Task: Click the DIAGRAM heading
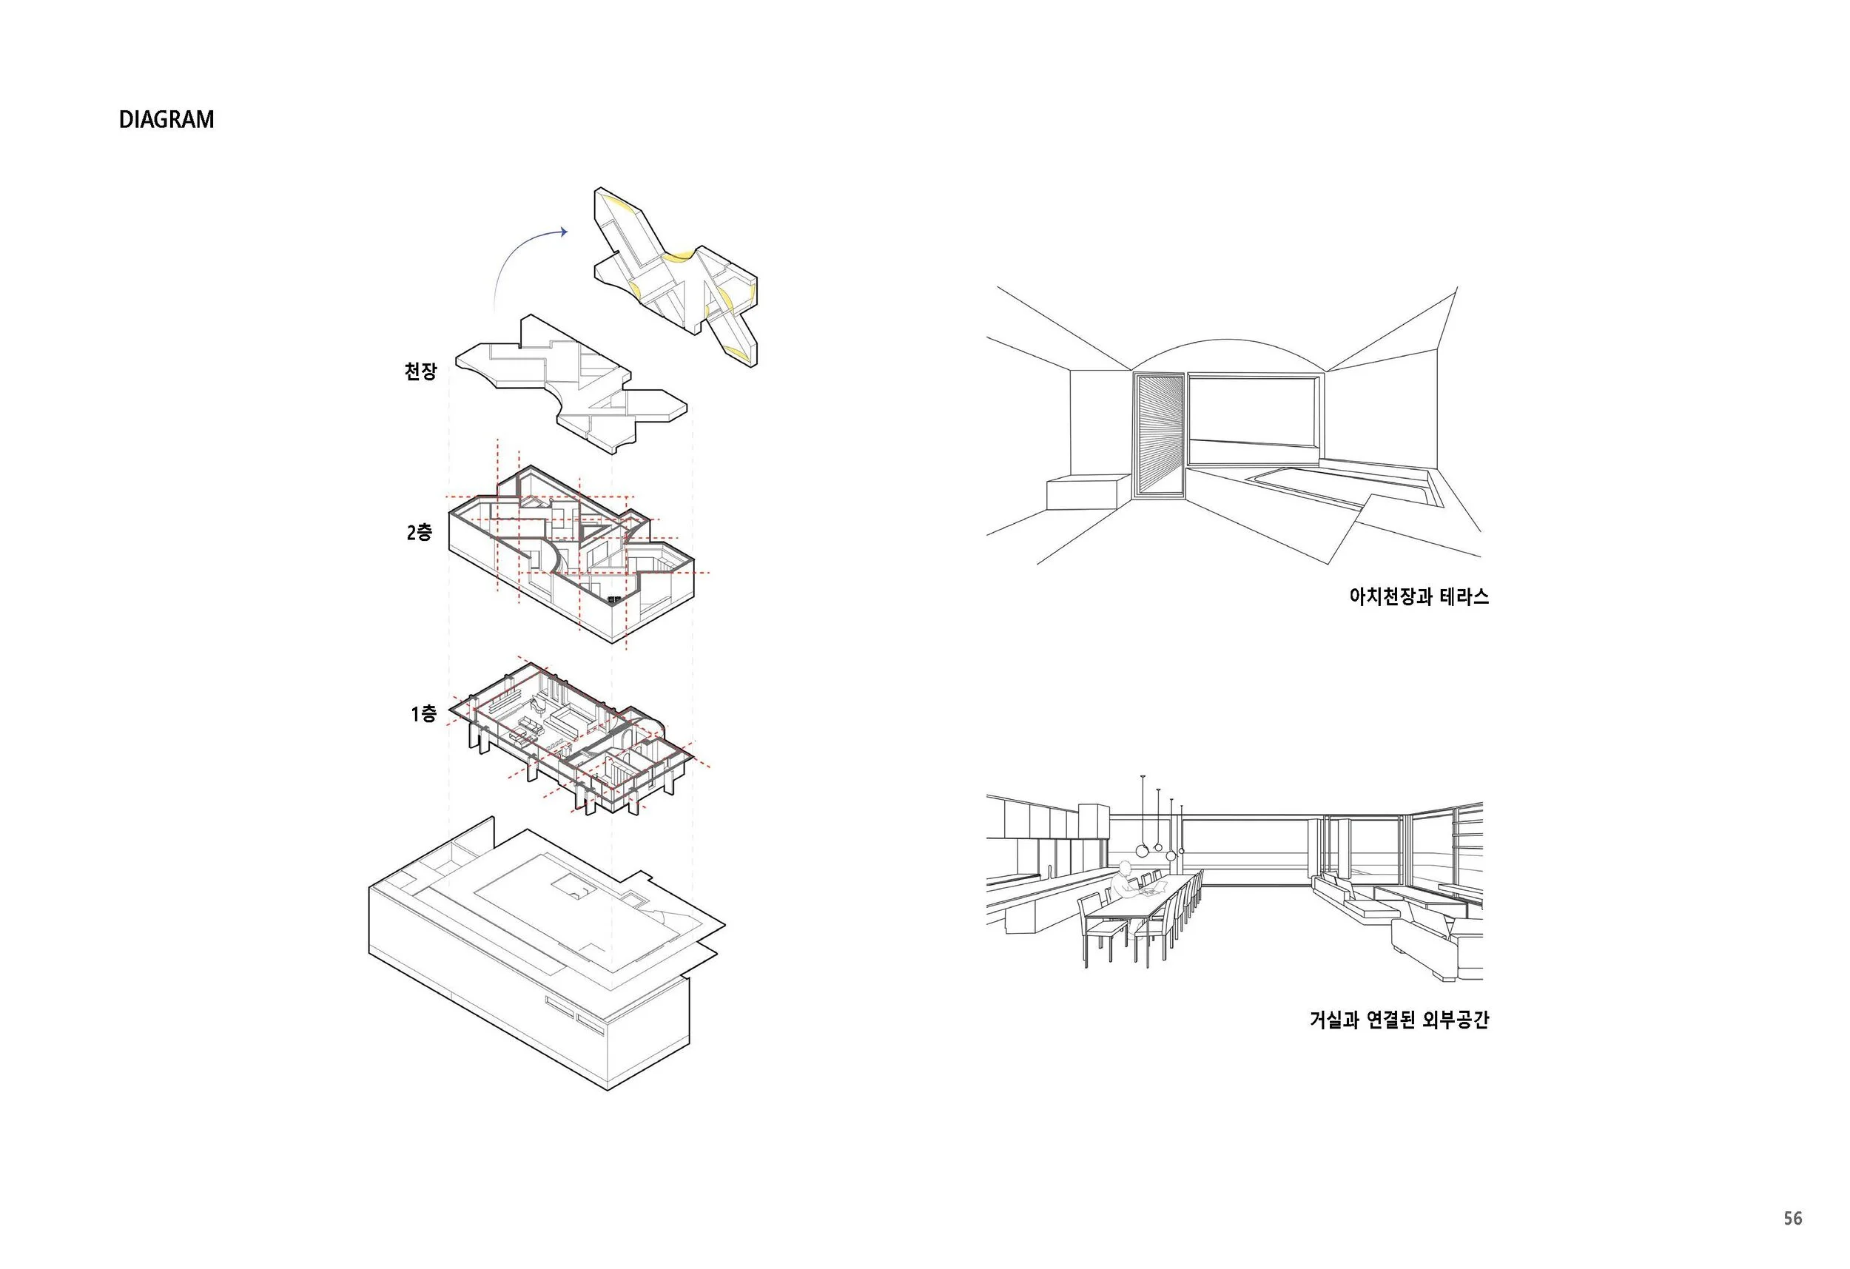[166, 119]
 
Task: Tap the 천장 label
[420, 371]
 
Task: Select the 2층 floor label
[419, 533]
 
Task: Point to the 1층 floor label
[423, 714]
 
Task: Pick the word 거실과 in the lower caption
[1334, 1020]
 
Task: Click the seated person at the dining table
[1123, 881]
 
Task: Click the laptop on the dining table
[1151, 889]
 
